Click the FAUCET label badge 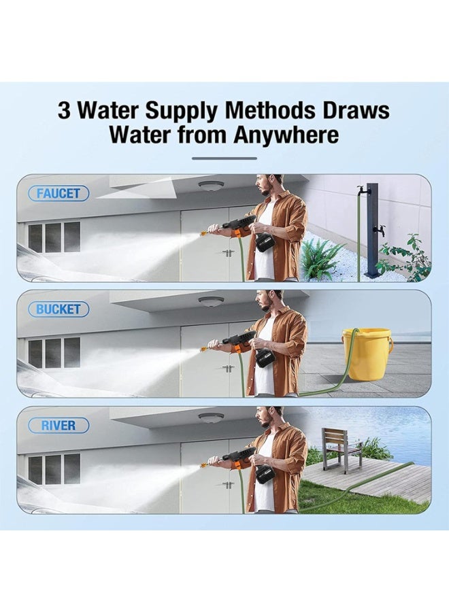[x=59, y=193]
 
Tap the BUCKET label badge [x=59, y=309]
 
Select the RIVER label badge [x=59, y=426]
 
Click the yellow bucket [x=367, y=354]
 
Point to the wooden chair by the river [x=341, y=449]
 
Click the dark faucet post [x=372, y=231]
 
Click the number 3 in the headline [x=64, y=110]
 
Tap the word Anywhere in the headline [x=286, y=135]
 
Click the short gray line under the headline [x=224, y=158]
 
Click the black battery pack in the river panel [x=265, y=474]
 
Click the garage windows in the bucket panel [x=54, y=353]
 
